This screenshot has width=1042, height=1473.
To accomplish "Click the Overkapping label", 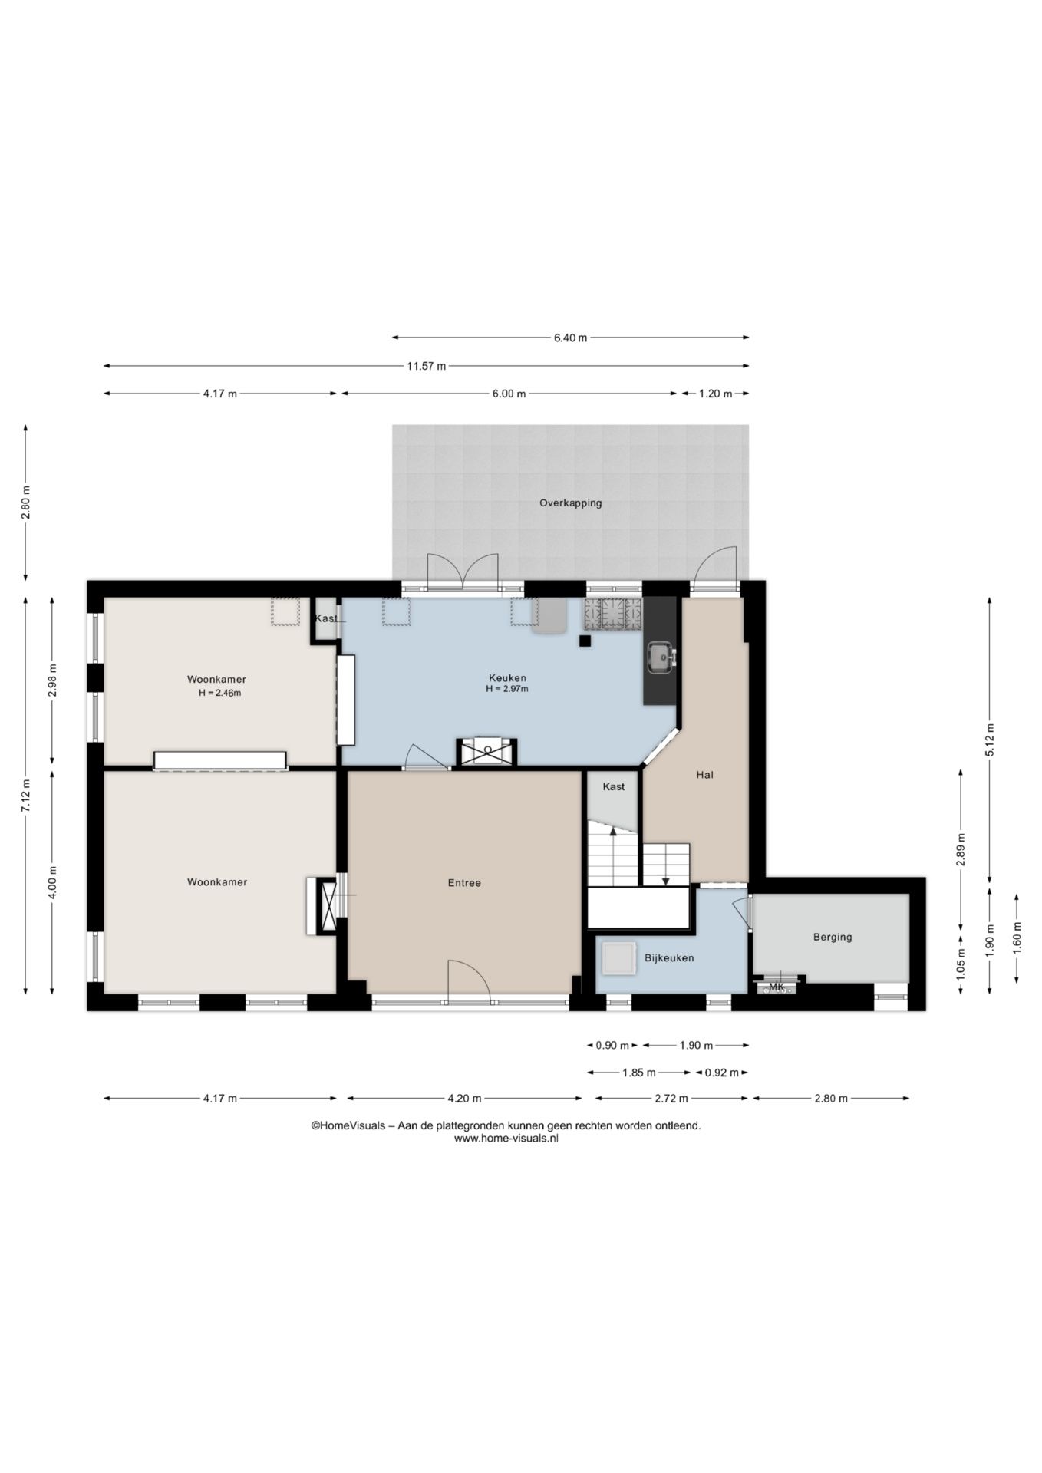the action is [x=570, y=503].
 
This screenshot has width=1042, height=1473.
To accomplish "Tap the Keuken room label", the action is [x=507, y=678].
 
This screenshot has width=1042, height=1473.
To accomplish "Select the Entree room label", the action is [x=464, y=883].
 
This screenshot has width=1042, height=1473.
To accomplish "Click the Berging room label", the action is [x=833, y=937].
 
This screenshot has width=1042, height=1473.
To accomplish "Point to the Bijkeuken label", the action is [x=669, y=958].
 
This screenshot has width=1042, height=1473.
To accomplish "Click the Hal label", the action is [x=704, y=775].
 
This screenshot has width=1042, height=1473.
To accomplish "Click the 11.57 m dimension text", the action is [x=426, y=366].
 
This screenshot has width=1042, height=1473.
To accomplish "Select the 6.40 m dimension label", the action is [x=570, y=338].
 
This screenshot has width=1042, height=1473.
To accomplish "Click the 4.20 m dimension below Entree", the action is [x=464, y=1099].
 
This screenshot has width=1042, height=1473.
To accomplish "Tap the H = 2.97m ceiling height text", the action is [x=507, y=690].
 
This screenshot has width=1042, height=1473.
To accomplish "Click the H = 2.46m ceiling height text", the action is [x=219, y=694].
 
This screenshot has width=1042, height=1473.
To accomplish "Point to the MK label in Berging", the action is [x=777, y=987].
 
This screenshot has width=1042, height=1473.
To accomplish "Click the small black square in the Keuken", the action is [x=585, y=641].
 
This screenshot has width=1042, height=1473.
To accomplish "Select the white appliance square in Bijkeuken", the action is [x=618, y=958].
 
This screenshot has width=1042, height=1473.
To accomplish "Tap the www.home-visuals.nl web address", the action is [x=506, y=1139].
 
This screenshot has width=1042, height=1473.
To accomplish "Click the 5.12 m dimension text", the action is [x=990, y=740].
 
